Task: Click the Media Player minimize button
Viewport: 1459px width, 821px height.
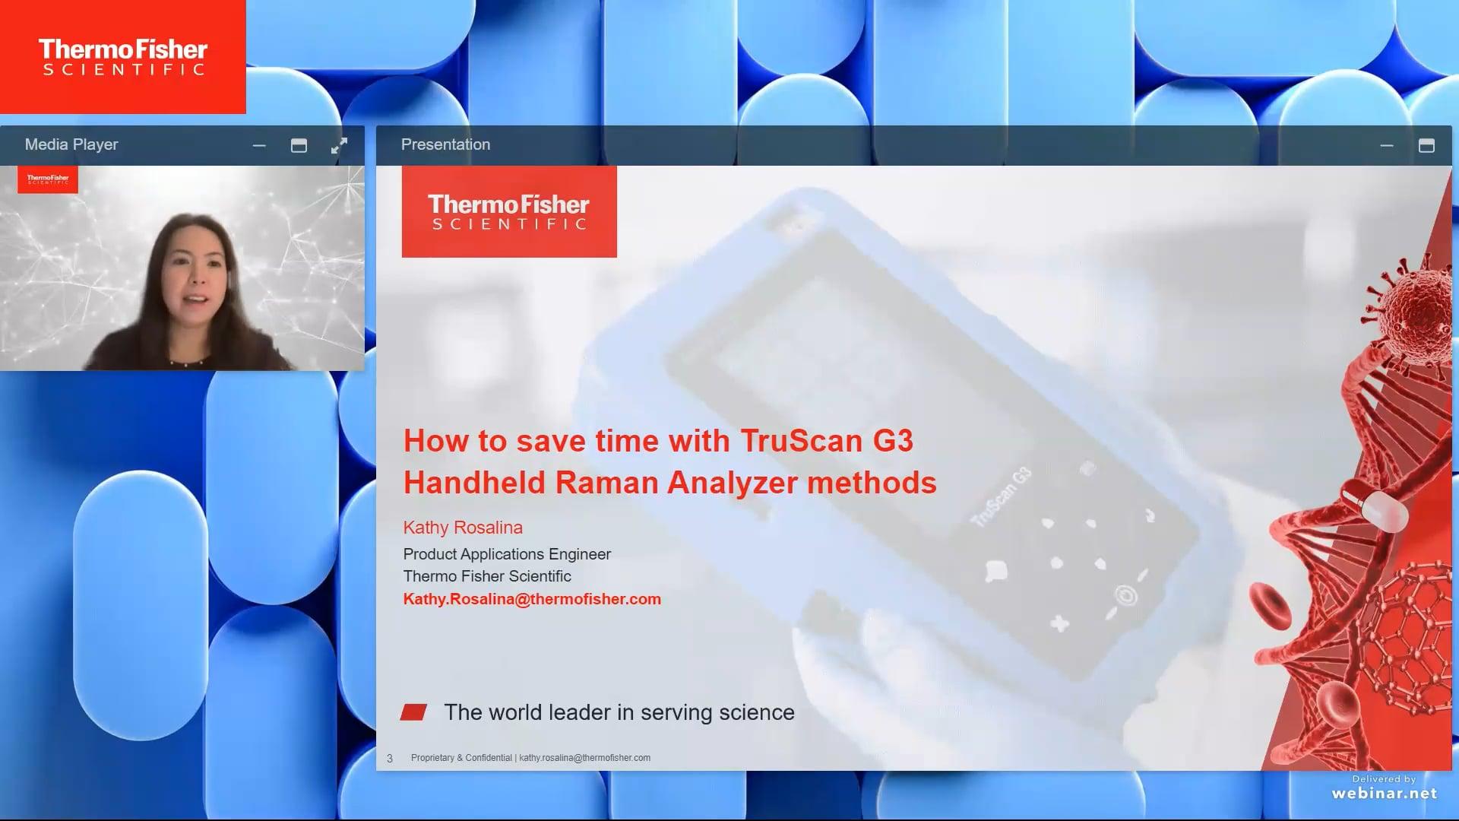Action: pyautogui.click(x=259, y=145)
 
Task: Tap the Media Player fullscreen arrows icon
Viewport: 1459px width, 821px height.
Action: pyautogui.click(x=339, y=145)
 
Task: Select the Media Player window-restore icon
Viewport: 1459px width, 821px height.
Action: pyautogui.click(x=299, y=145)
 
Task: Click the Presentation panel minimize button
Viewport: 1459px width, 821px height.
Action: pyautogui.click(x=1386, y=145)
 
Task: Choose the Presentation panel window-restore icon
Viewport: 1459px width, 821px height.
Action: pyautogui.click(x=1426, y=145)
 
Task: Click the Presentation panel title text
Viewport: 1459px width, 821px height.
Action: pyautogui.click(x=445, y=144)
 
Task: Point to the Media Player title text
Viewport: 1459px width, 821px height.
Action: pyautogui.click(x=71, y=144)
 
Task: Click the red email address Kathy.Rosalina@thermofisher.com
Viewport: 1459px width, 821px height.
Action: pyautogui.click(x=532, y=599)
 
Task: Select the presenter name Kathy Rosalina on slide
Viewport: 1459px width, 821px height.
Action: pyautogui.click(x=463, y=528)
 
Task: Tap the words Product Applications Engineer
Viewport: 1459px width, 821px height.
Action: pyautogui.click(x=507, y=554)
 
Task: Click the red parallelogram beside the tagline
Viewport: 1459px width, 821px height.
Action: pyautogui.click(x=413, y=712)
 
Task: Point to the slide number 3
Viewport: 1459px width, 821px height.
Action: pyautogui.click(x=390, y=758)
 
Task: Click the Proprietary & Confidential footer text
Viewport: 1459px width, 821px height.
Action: pyautogui.click(x=461, y=758)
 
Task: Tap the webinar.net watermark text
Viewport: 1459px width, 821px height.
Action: pyautogui.click(x=1384, y=793)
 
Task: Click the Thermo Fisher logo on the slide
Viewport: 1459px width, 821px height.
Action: pyautogui.click(x=509, y=212)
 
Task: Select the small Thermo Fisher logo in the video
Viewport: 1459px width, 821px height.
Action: pyautogui.click(x=48, y=179)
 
